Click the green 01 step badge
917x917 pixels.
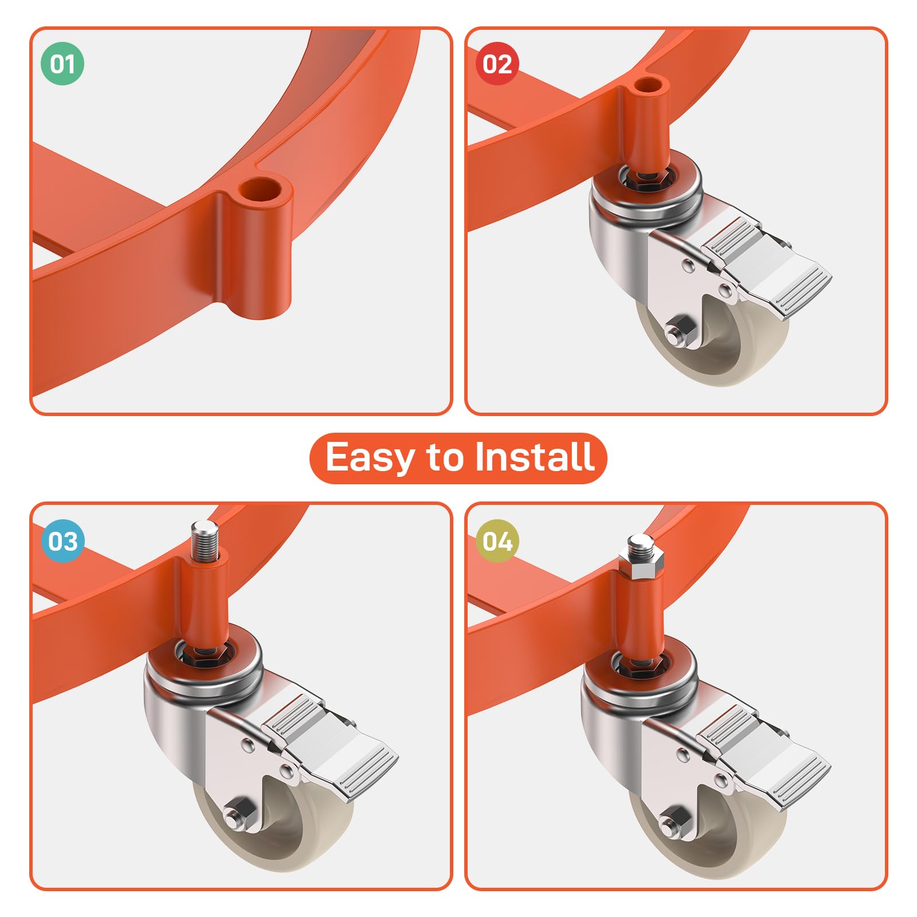tap(62, 64)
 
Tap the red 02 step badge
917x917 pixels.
tap(497, 64)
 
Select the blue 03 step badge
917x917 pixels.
tap(62, 540)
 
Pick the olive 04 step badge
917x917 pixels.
tap(497, 540)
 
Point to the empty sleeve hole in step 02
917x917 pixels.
tap(652, 86)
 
